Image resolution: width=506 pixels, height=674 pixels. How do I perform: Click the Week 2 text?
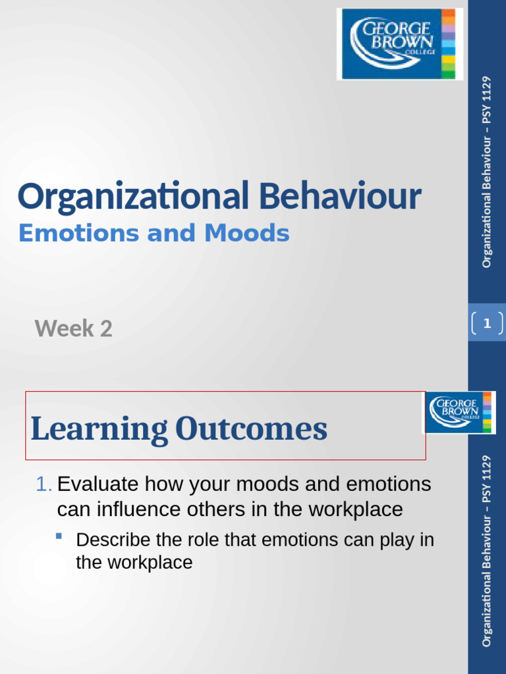point(73,328)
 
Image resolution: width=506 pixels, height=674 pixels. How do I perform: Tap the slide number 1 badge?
point(487,323)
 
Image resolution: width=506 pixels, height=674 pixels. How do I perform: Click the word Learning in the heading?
point(99,429)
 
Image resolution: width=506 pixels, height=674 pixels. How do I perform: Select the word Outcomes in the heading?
point(250,429)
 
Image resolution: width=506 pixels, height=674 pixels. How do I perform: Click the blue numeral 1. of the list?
point(43,484)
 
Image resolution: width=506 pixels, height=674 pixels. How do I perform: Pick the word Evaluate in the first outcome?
point(98,484)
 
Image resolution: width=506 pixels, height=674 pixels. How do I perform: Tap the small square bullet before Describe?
point(59,536)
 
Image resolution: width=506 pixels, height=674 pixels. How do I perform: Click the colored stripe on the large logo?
point(448,44)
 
